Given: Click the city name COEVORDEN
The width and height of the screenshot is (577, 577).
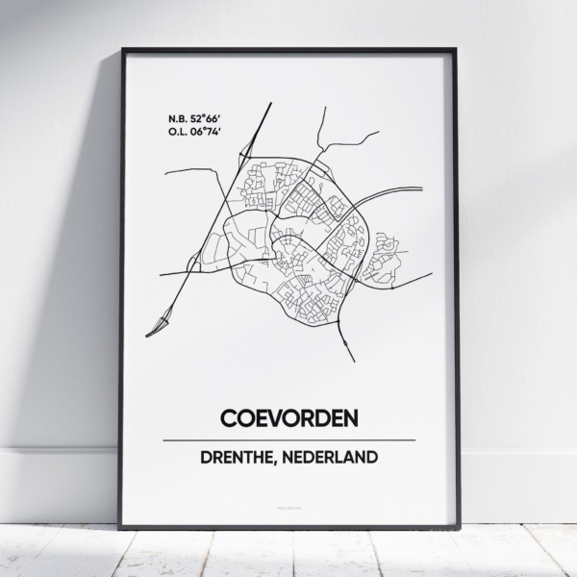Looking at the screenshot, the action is point(288,419).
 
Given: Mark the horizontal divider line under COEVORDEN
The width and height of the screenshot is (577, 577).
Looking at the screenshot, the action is point(288,439).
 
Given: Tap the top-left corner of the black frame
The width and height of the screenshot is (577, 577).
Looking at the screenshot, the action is point(121,49).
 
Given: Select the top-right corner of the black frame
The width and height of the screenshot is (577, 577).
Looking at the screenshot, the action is point(457,49).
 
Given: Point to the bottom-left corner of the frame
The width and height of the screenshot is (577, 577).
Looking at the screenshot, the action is point(121,528).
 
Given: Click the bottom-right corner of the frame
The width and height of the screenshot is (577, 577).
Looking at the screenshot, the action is point(457,528).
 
